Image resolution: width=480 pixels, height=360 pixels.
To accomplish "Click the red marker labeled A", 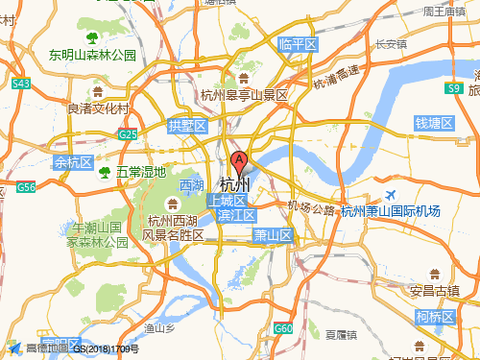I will (x=239, y=161).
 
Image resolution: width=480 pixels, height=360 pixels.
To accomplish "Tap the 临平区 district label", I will (x=298, y=44).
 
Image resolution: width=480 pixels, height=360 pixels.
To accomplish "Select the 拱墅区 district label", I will (x=187, y=126).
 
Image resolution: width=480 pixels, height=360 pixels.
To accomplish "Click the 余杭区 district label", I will (x=73, y=162).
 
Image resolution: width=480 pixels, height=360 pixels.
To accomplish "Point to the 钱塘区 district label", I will (x=434, y=123).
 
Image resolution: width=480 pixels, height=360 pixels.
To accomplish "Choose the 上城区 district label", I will (x=227, y=200).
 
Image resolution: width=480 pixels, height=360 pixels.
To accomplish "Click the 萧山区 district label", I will (x=273, y=235).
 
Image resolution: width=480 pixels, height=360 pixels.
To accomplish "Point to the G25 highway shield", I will (x=129, y=135).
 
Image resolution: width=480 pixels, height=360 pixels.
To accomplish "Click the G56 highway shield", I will (x=26, y=187).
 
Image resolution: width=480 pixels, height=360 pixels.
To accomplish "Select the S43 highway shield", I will (x=21, y=84).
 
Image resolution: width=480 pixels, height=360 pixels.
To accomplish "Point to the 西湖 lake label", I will (x=192, y=184).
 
